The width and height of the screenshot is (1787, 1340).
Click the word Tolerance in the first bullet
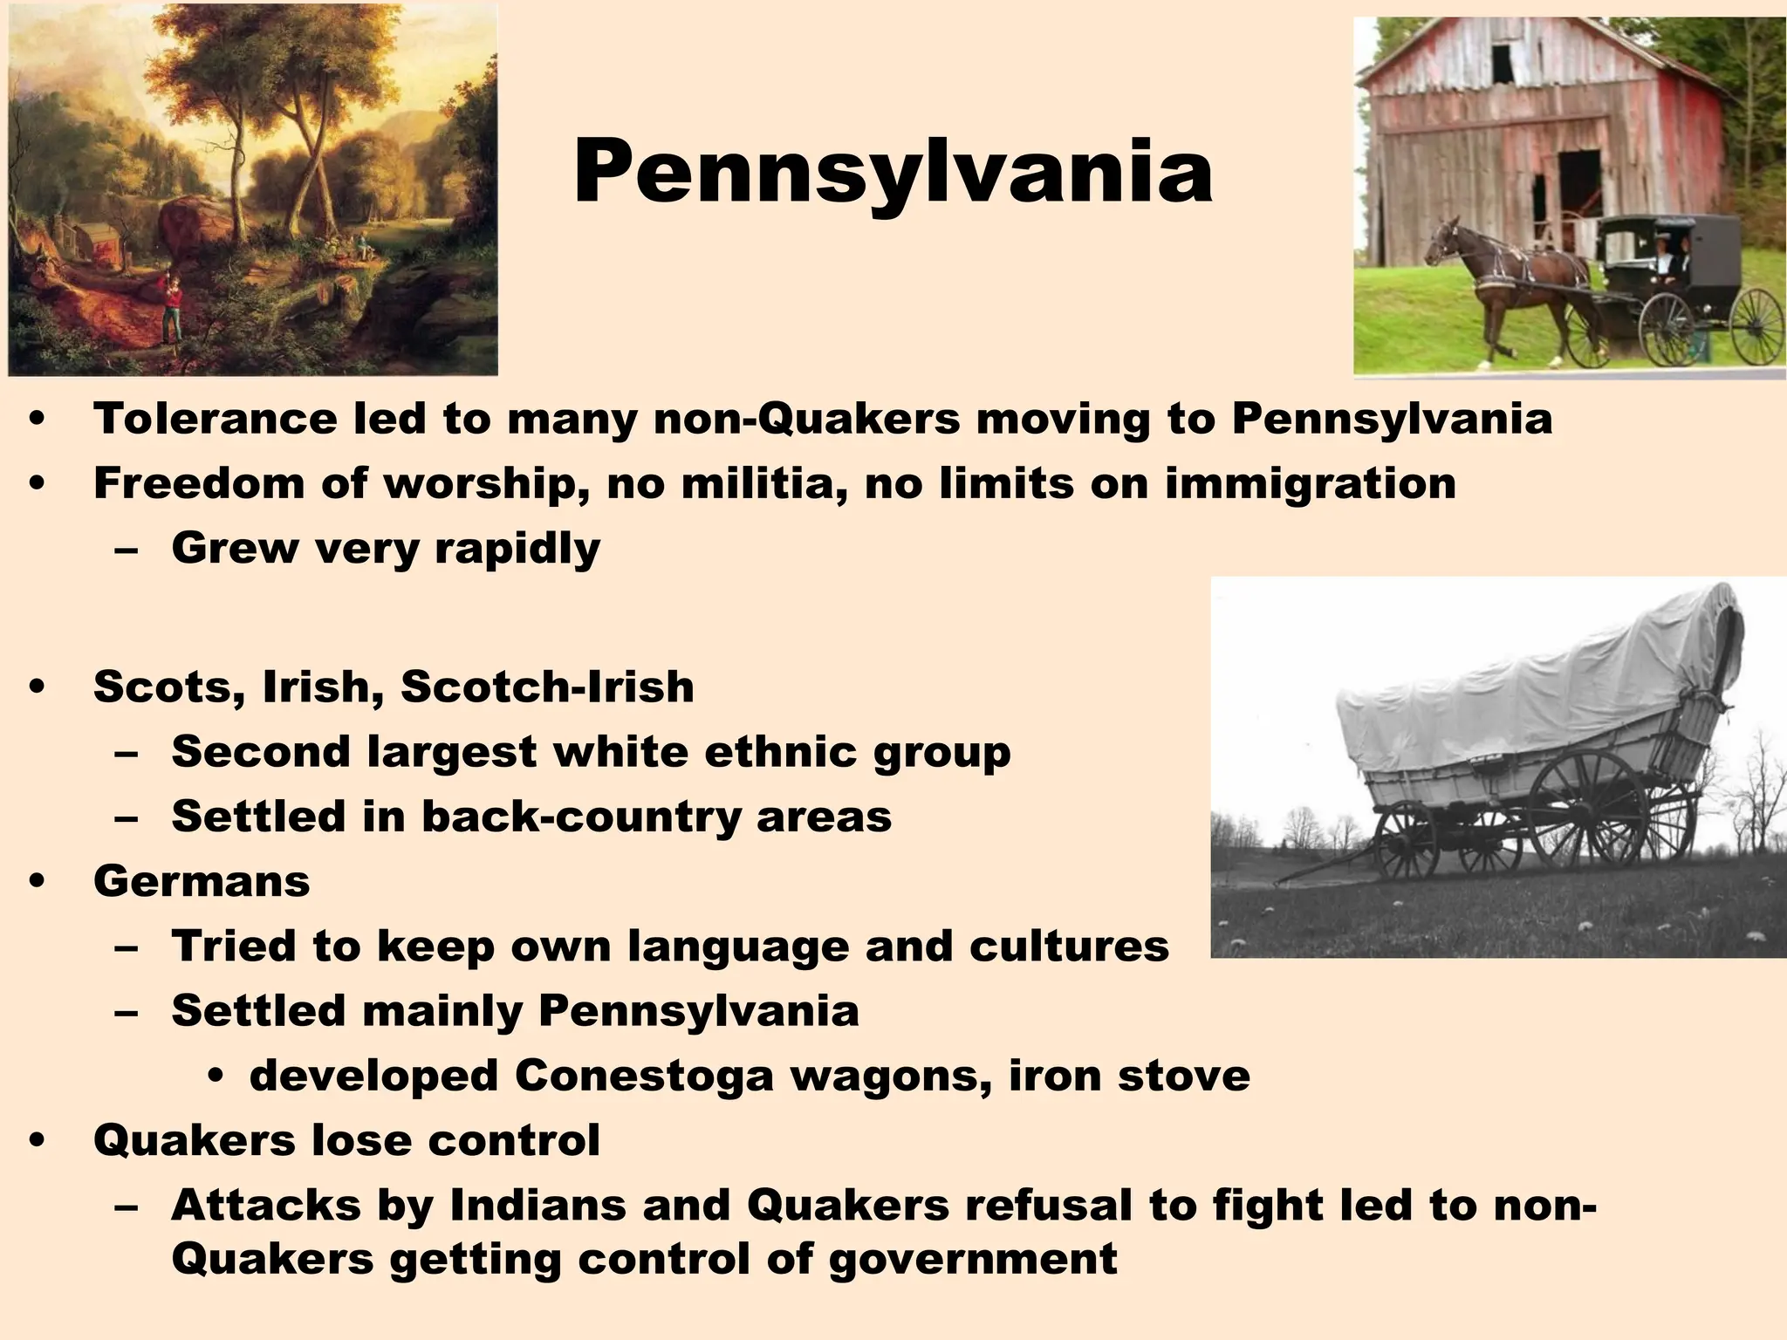pyautogui.click(x=215, y=419)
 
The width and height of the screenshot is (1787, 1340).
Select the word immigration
pyautogui.click(x=1311, y=485)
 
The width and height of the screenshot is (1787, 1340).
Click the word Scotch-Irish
pyautogui.click(x=547, y=687)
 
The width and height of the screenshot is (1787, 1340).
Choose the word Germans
pyautogui.click(x=202, y=880)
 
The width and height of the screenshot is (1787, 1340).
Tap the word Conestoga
pyautogui.click(x=644, y=1076)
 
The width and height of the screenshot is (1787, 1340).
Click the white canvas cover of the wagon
pyautogui.click(x=1518, y=689)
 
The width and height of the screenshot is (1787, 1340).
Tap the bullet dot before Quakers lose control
pyautogui.click(x=36, y=1141)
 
